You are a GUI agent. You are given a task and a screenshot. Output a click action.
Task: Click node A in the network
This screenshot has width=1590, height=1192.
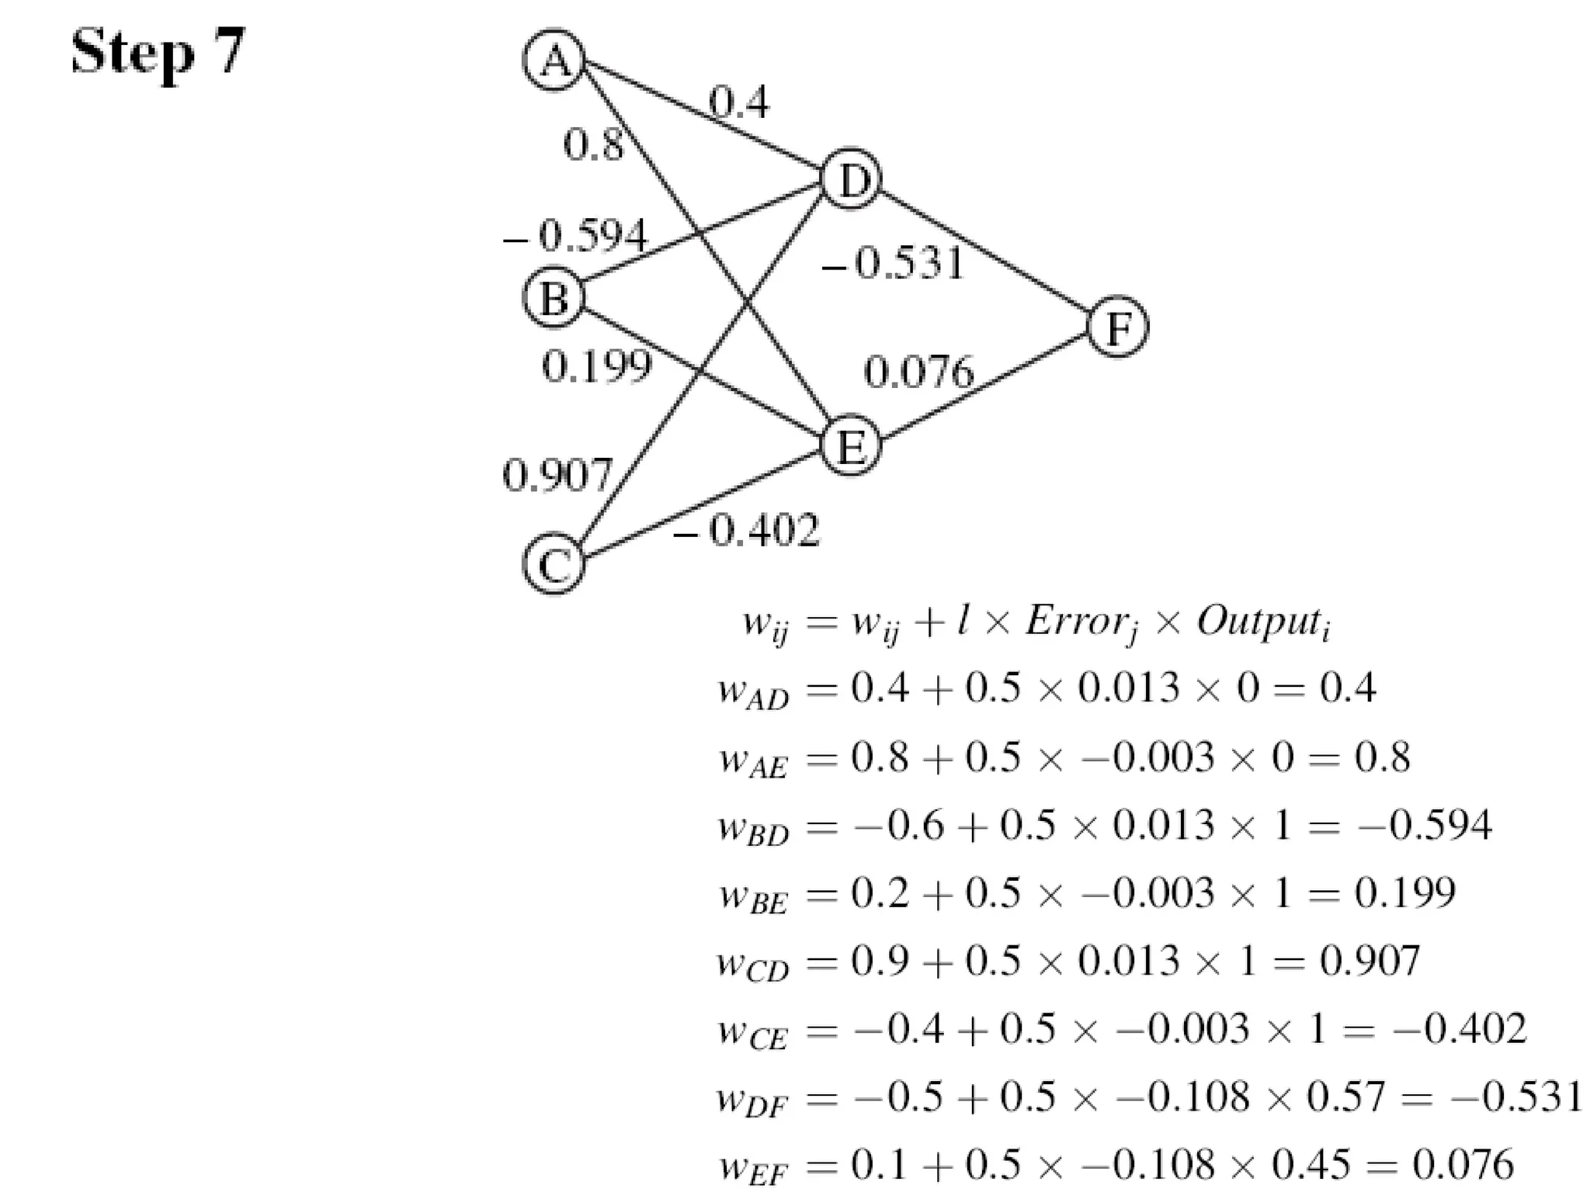554,61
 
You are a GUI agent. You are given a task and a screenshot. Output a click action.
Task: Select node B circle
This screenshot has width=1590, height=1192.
554,298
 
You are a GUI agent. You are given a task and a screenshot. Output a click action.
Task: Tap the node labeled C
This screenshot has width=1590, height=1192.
554,564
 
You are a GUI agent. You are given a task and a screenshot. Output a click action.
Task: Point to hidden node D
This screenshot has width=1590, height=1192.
851,179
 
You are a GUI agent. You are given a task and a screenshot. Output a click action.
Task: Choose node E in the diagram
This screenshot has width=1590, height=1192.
851,445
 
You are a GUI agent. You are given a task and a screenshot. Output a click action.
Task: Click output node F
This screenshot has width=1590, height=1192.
1117,327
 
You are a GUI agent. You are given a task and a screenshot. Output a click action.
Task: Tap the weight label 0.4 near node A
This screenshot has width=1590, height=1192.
738,102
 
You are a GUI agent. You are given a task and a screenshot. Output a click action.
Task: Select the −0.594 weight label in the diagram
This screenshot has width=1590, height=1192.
575,235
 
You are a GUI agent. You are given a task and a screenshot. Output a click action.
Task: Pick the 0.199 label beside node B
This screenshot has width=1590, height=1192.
596,366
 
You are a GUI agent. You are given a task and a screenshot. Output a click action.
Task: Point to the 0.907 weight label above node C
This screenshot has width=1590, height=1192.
557,475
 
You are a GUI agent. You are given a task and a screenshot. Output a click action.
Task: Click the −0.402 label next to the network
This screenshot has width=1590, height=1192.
746,531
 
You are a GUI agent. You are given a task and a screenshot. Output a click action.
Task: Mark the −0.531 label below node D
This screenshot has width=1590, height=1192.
893,264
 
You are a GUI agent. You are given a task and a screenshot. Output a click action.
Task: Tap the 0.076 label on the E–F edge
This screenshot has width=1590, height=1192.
918,372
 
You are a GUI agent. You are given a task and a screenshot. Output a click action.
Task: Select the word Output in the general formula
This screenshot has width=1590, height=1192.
1258,622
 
